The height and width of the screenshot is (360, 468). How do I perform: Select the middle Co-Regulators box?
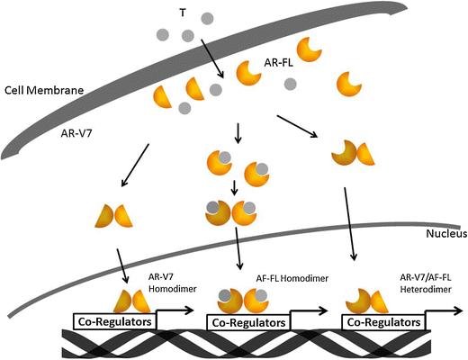point(246,321)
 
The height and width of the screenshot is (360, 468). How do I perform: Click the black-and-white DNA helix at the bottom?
point(234,345)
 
